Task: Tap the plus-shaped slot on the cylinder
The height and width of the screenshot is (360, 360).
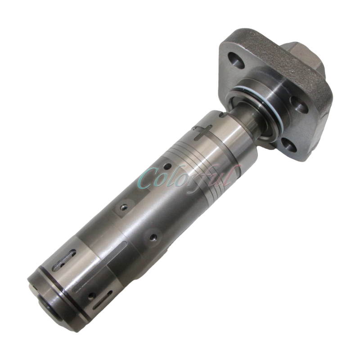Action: click(x=201, y=132)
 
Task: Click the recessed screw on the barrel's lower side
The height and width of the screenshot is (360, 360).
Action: click(x=154, y=235)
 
